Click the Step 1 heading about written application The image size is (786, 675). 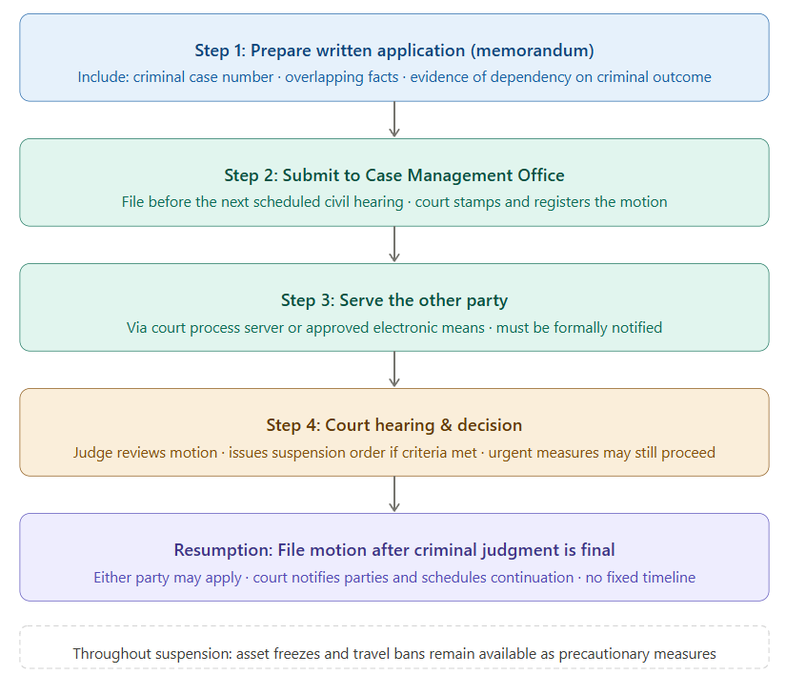tap(393, 51)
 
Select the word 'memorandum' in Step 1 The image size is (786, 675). tap(542, 51)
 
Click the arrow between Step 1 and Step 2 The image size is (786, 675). tap(394, 119)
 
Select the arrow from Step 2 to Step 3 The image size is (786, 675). tap(394, 244)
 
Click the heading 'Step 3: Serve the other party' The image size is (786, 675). tap(393, 300)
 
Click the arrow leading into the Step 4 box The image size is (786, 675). tap(394, 369)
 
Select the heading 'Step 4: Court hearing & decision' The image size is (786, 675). tap(393, 425)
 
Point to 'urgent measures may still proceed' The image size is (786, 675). tap(601, 452)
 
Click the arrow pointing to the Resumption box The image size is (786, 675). tap(394, 494)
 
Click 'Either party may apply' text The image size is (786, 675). tap(168, 577)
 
